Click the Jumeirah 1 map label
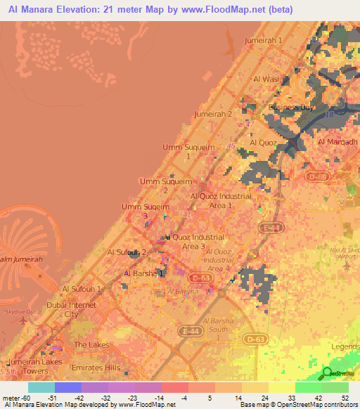[x=263, y=40]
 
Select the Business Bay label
[x=290, y=108]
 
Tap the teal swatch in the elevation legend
[x=41, y=387]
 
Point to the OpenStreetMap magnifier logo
[x=327, y=374]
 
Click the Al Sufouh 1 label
[x=82, y=289]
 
